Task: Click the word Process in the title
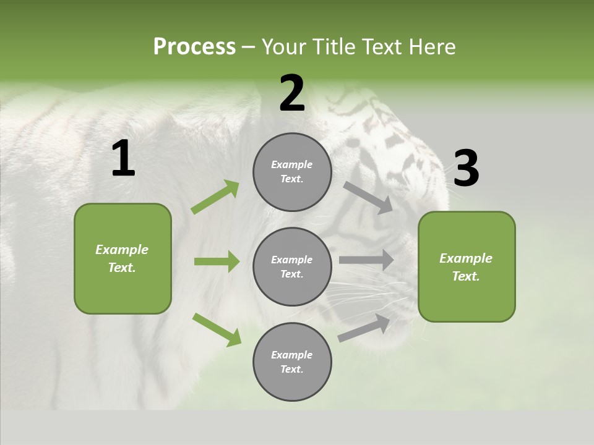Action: (194, 47)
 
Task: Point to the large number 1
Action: (123, 159)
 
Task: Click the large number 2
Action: (292, 93)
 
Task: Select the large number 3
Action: (466, 169)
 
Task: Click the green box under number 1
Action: (123, 258)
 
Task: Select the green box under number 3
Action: (467, 266)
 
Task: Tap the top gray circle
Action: (292, 172)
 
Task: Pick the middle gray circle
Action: (292, 266)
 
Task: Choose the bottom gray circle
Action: (292, 362)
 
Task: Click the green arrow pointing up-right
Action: (215, 197)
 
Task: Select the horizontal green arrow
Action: (217, 261)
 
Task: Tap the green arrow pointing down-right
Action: (217, 329)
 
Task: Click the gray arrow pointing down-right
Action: (369, 197)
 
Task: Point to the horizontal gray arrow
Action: (366, 260)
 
